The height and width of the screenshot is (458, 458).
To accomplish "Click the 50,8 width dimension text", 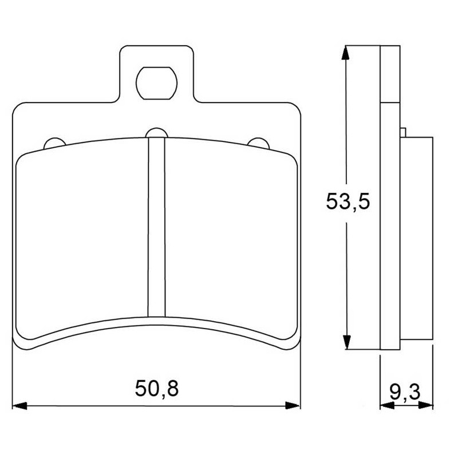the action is [156, 389].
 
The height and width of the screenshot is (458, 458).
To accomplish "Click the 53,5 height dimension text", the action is [348, 201].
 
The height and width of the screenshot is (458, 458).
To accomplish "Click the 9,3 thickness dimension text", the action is [405, 392].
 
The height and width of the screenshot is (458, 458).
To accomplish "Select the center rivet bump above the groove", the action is [156, 133].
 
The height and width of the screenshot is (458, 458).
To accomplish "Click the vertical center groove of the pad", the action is [156, 227].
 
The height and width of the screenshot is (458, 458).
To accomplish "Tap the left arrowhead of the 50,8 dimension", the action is [19, 406].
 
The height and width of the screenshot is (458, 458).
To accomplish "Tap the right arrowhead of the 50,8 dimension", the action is [293, 405].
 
